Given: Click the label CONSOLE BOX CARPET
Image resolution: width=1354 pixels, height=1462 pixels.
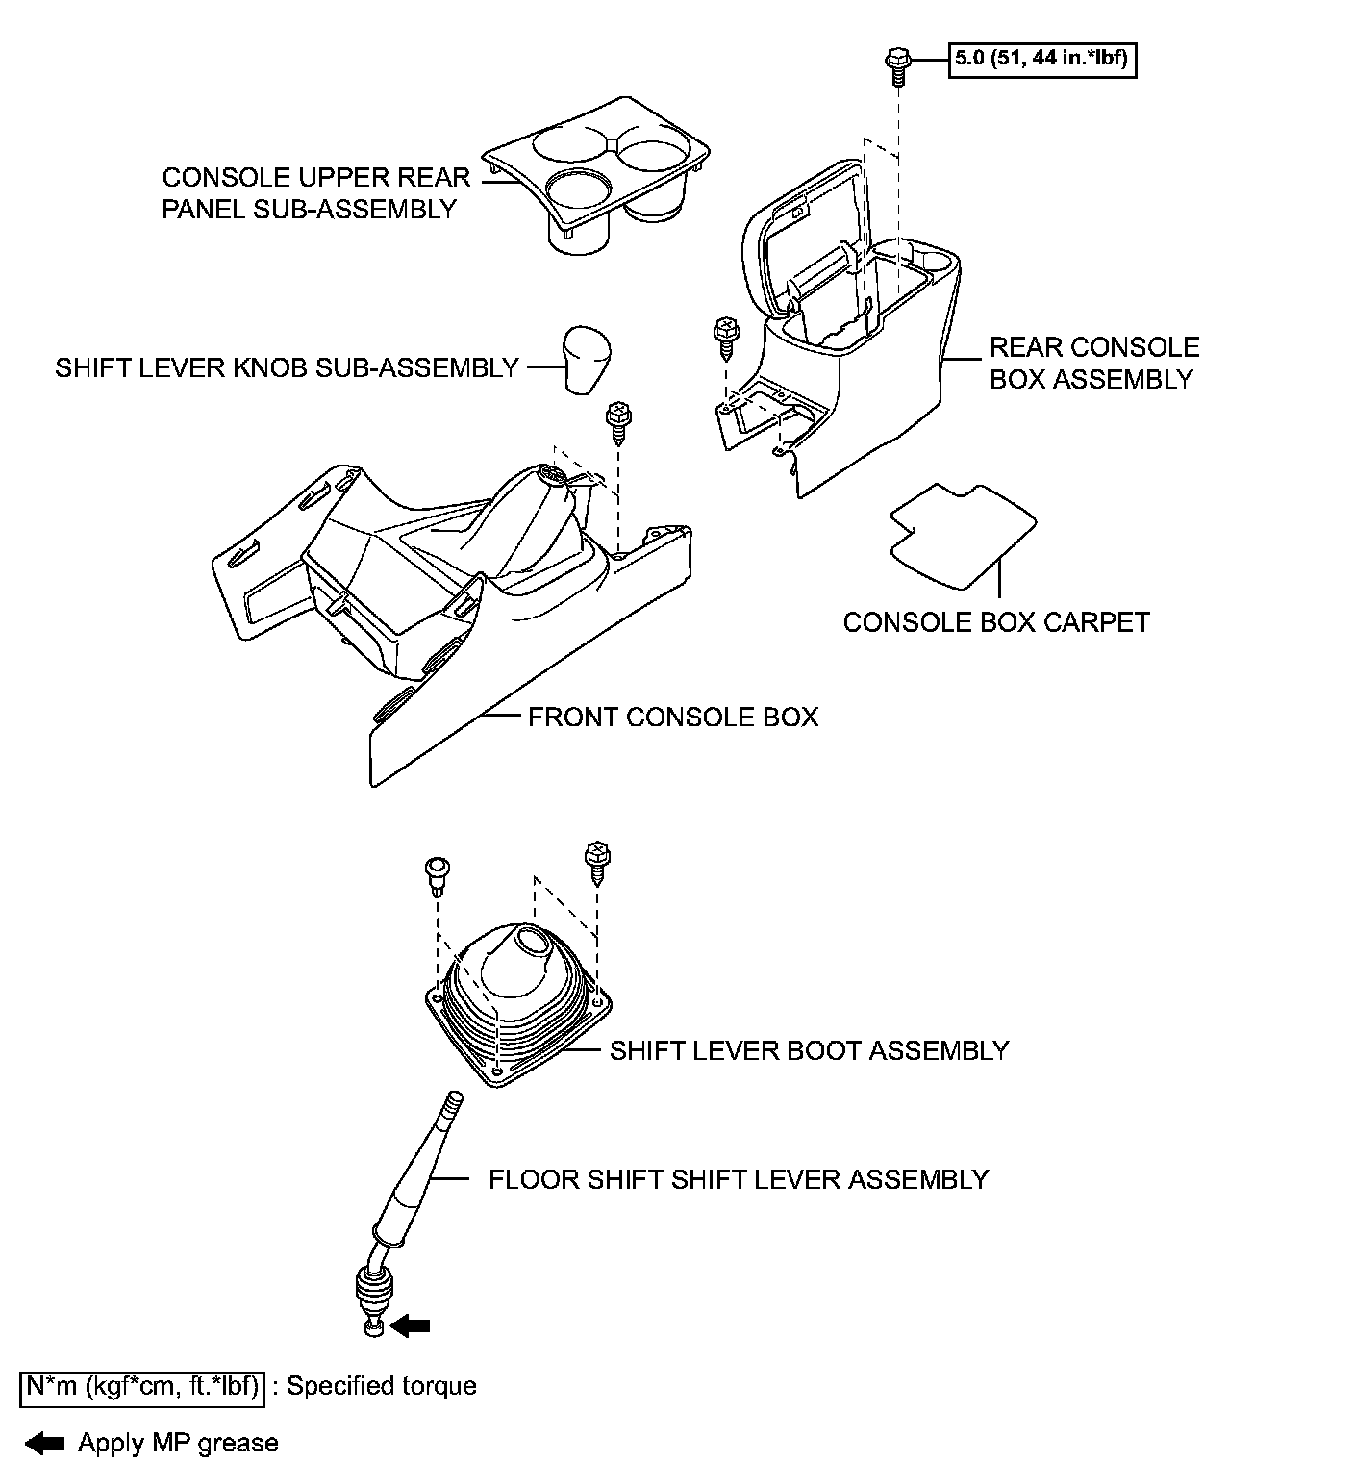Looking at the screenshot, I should point(996,622).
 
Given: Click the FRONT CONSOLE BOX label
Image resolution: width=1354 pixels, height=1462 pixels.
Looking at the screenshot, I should point(673,717).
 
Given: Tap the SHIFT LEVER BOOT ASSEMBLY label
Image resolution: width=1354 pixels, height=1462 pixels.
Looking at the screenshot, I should point(809,1049).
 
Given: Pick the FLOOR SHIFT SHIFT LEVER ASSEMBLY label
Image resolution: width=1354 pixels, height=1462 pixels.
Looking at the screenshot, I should point(738,1179).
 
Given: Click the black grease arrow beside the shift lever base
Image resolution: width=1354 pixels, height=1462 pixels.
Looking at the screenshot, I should point(412,1325).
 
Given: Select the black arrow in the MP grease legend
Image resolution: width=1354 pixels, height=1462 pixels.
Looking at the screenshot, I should point(45,1442).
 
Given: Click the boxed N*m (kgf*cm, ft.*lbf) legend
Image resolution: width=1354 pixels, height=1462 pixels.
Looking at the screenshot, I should point(141,1386).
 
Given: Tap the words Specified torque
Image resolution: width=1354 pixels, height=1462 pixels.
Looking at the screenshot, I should point(382,1386).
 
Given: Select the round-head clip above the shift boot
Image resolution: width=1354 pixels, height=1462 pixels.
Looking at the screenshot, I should point(438,871).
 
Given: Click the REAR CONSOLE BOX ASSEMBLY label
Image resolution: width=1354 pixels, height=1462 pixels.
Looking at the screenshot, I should point(1094,363).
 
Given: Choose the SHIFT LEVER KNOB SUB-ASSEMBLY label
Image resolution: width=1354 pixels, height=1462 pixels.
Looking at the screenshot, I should point(287,367).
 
